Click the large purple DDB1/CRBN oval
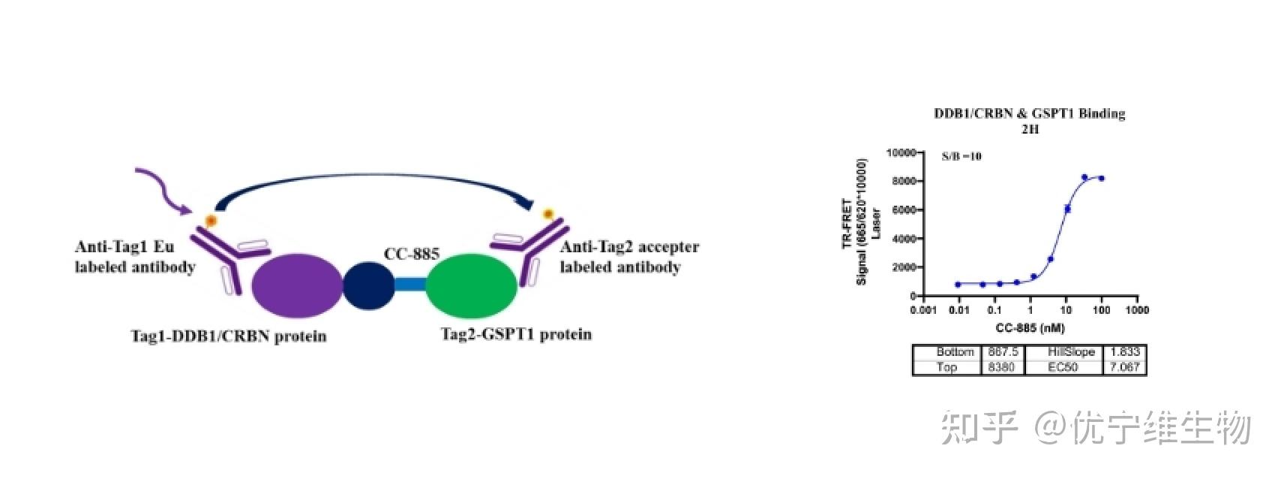tap(297, 285)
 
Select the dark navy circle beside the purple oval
tap(368, 285)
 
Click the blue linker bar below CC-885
tap(410, 285)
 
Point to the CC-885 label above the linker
tap(411, 254)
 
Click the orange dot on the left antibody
tap(211, 221)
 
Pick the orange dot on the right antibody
tap(548, 214)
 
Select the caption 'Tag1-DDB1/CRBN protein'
tap(228, 336)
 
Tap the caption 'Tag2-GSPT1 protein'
tap(516, 334)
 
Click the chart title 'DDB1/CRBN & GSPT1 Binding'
tap(1029, 114)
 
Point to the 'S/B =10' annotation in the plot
tap(961, 156)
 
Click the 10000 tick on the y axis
tap(901, 152)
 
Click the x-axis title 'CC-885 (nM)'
tap(1030, 328)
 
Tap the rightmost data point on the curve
tap(1101, 179)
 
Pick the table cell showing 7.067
tap(1124, 367)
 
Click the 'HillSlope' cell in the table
tap(1070, 351)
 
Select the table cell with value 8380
tap(1002, 367)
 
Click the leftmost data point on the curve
tap(958, 285)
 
